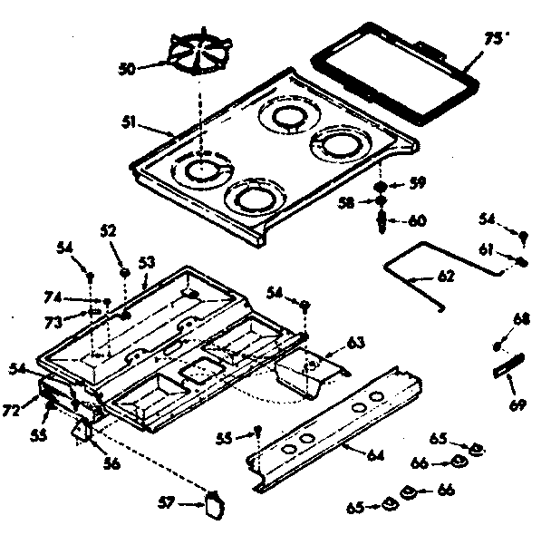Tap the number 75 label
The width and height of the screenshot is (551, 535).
pyautogui.click(x=493, y=38)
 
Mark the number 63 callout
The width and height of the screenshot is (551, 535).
pyautogui.click(x=355, y=343)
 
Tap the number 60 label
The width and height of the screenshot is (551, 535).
pyautogui.click(x=418, y=219)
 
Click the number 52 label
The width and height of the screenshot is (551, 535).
pyautogui.click(x=109, y=231)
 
